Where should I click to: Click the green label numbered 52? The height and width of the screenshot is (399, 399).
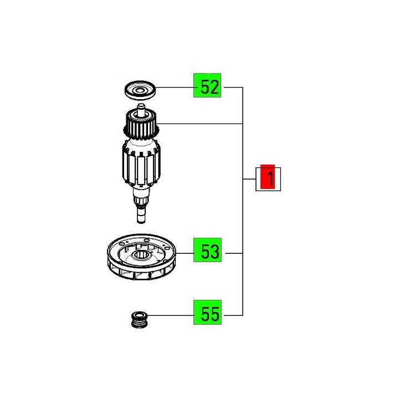(x=207, y=87)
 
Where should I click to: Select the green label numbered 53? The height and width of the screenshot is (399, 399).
(x=207, y=253)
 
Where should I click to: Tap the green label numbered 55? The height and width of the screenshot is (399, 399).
(x=207, y=315)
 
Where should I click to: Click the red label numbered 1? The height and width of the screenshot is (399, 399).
(x=268, y=178)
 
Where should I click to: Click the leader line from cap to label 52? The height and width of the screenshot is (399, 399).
(x=174, y=87)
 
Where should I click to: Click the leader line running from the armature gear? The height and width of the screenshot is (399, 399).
(x=199, y=123)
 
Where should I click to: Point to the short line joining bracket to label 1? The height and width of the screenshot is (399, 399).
(x=249, y=179)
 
